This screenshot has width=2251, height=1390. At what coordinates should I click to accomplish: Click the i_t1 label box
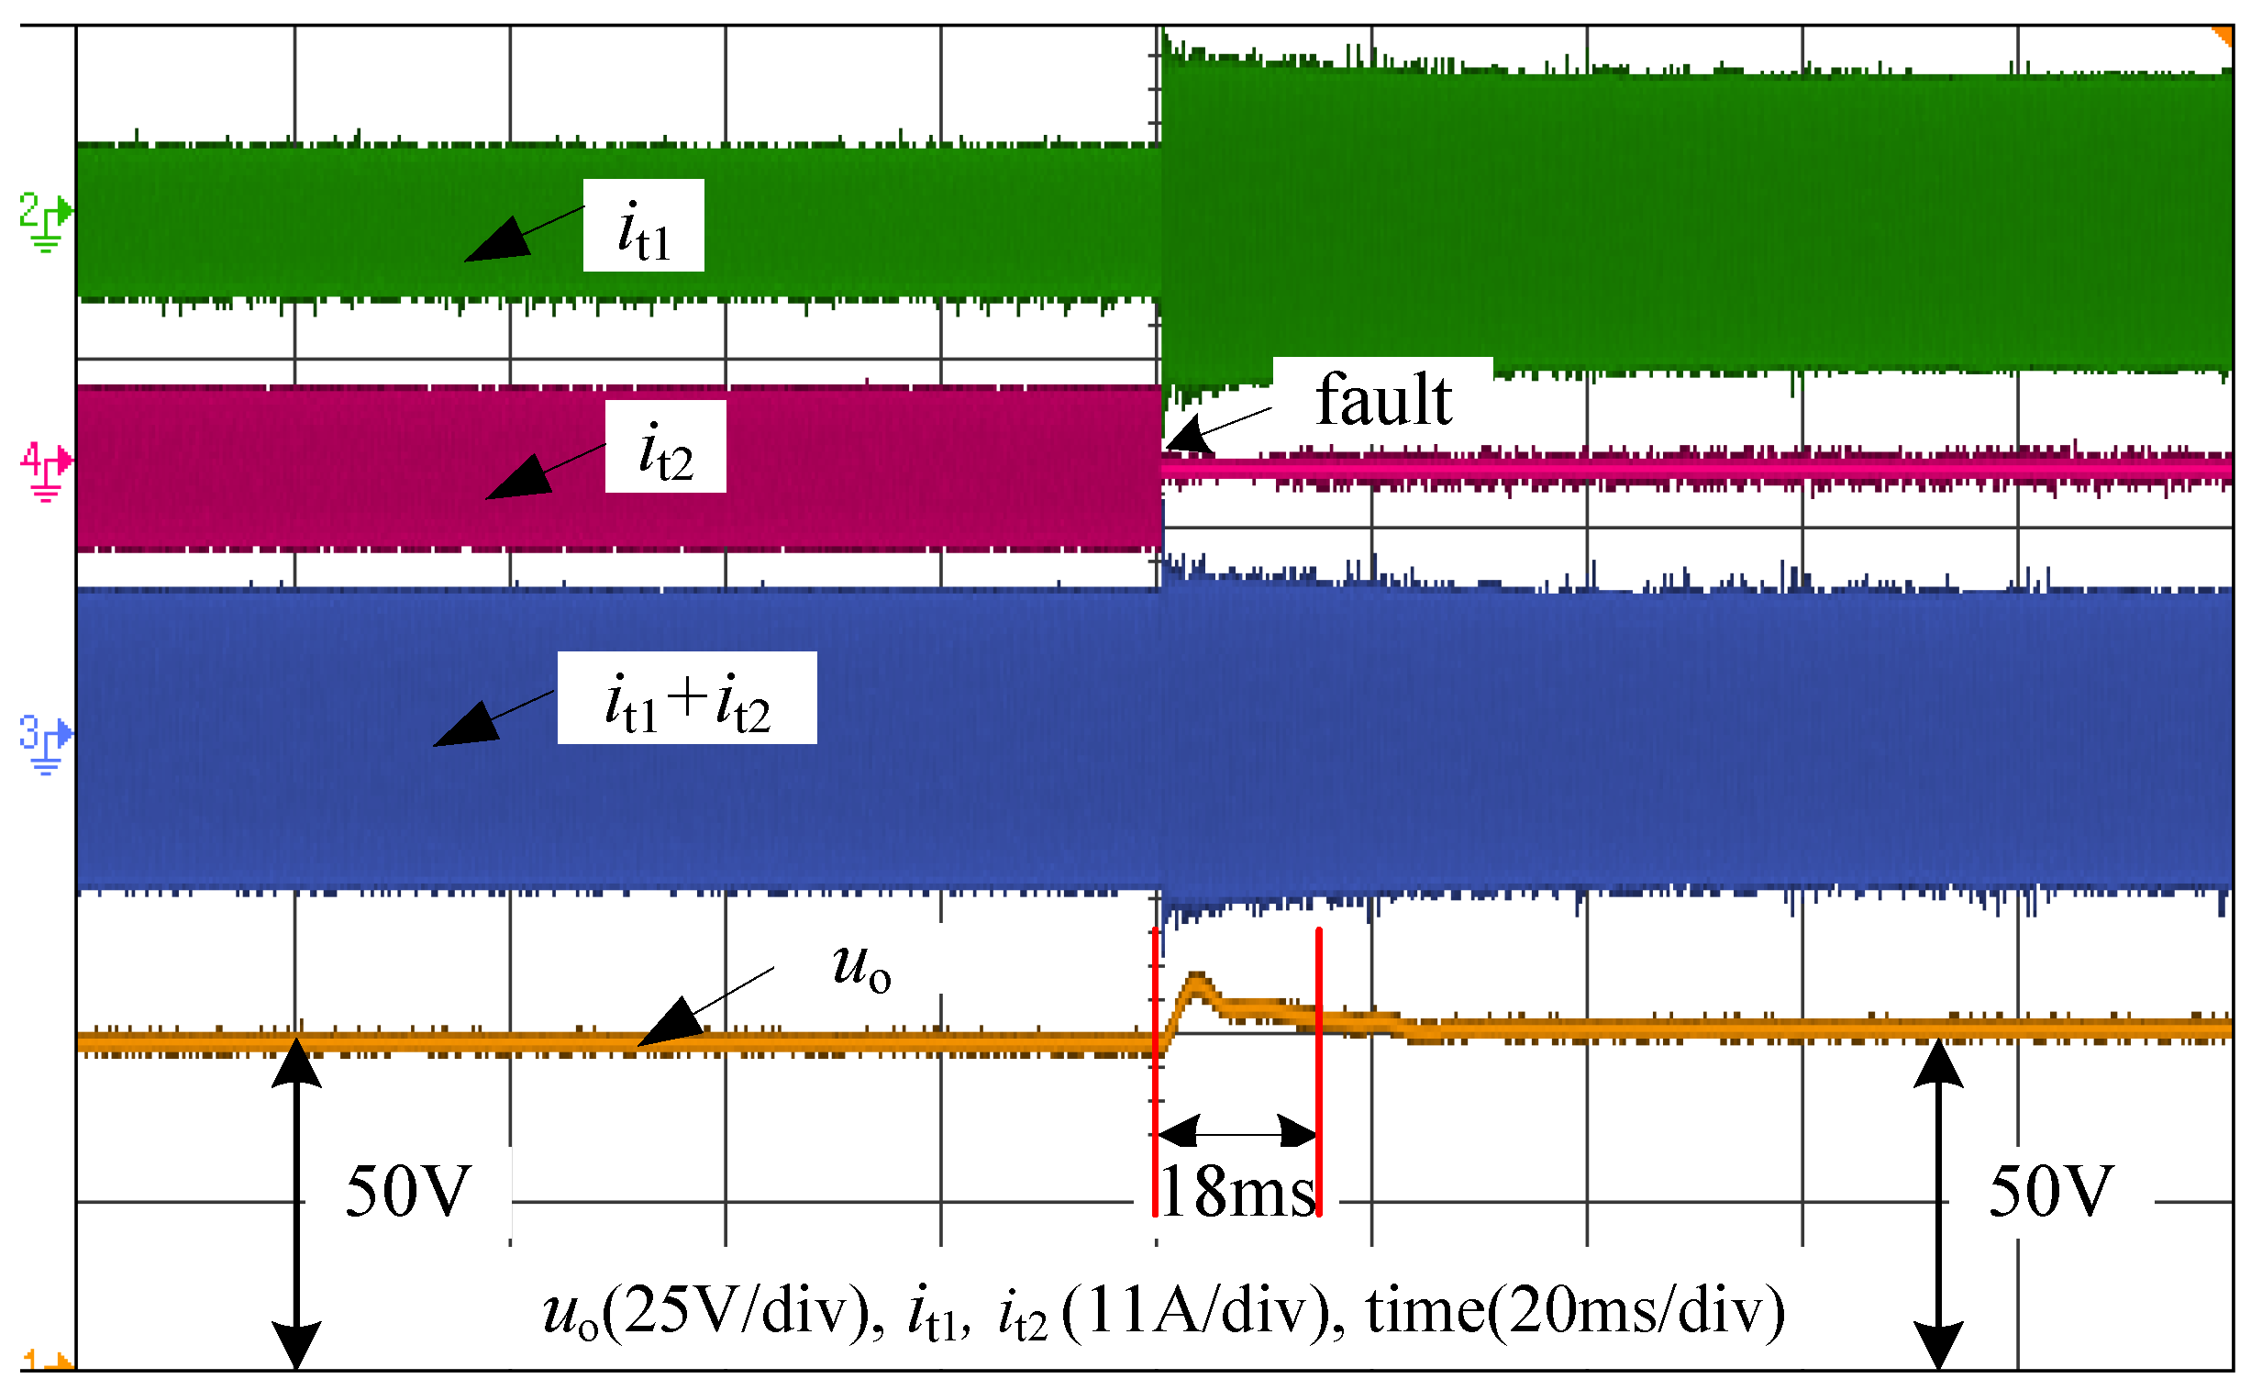click(x=643, y=226)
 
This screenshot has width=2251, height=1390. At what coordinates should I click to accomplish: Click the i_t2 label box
click(x=665, y=448)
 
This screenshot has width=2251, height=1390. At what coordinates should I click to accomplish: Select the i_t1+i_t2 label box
click(x=687, y=699)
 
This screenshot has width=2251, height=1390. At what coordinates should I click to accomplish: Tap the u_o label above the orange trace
click(x=861, y=967)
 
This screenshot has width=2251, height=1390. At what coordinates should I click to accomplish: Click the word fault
click(x=1383, y=401)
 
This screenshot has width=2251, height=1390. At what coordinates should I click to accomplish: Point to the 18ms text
click(x=1239, y=1194)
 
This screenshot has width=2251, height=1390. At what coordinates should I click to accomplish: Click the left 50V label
click(x=407, y=1193)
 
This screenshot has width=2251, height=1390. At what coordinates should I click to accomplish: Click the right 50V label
click(x=2051, y=1193)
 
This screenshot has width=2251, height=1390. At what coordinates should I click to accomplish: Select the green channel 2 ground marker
click(x=44, y=220)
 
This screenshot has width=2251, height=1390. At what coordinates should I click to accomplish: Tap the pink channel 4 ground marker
click(x=44, y=470)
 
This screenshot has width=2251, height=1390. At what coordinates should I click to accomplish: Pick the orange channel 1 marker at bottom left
click(x=44, y=1361)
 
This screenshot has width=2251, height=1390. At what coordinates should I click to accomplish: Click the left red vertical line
click(x=1156, y=1075)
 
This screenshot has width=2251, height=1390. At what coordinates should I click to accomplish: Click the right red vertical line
click(x=1319, y=1075)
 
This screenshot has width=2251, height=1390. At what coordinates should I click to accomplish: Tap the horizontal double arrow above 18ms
click(x=1237, y=1132)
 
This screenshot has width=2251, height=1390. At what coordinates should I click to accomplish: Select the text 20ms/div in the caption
click(x=1636, y=1312)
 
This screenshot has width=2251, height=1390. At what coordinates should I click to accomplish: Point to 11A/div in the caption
click(x=1200, y=1312)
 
